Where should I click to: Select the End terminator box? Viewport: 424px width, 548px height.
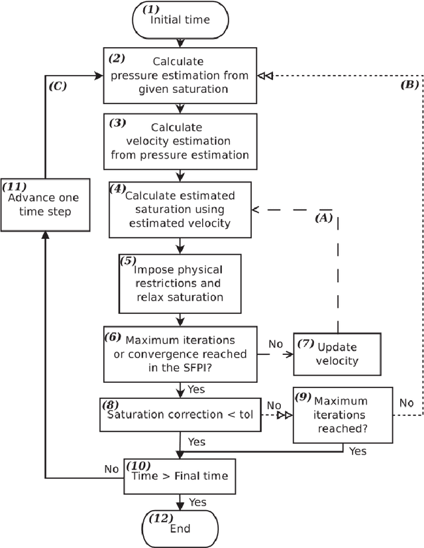point(180,528)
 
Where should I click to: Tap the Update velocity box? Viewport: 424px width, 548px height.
point(338,354)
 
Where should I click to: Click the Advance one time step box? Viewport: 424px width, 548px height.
point(45,204)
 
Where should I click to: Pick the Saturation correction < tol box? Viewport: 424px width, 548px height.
point(180,415)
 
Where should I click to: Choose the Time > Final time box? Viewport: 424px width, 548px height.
point(180,476)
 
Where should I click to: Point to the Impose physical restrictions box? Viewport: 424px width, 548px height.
point(180,283)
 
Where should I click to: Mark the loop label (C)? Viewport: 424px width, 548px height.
point(58,86)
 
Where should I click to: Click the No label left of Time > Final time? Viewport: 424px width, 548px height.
point(111,468)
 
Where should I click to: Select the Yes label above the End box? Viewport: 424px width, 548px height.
point(198,502)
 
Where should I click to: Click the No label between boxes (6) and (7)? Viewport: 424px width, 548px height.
point(276,344)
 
